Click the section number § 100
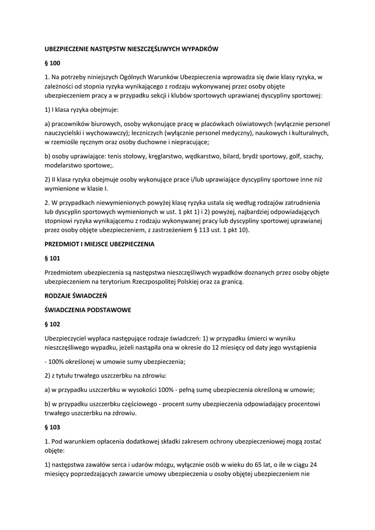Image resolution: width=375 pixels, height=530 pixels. [x=53, y=63]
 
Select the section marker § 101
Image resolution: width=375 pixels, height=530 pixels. [x=53, y=257]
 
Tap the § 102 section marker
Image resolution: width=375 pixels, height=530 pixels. [x=53, y=324]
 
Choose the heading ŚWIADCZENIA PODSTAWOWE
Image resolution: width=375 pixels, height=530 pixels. [x=88, y=310]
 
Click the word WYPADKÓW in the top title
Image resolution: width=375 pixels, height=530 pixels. [x=200, y=49]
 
